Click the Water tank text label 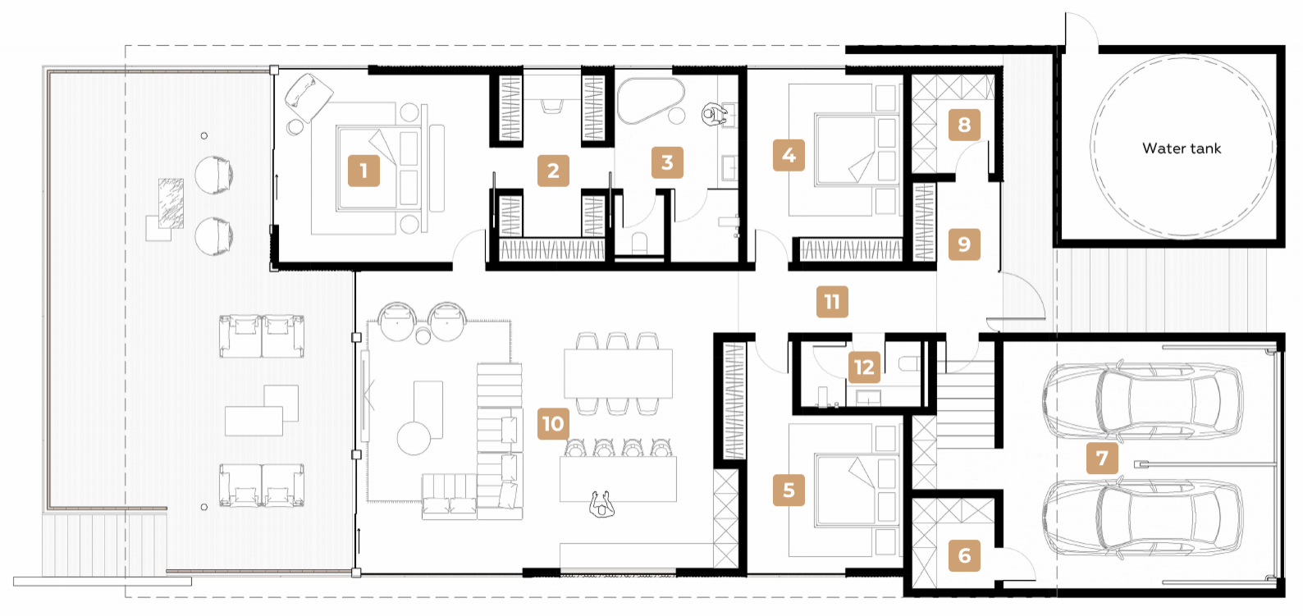(1182, 148)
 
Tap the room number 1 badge (363, 171)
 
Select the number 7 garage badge (1102, 458)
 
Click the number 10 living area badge (552, 423)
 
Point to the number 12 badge (864, 367)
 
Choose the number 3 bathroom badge (667, 163)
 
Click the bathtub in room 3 (651, 100)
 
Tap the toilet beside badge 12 (908, 364)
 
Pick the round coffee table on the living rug (414, 438)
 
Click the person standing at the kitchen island (601, 504)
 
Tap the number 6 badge (964, 555)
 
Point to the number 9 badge (964, 244)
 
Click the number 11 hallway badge (832, 301)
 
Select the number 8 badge (964, 125)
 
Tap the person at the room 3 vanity (714, 114)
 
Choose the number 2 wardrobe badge (552, 171)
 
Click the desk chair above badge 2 (552, 107)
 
